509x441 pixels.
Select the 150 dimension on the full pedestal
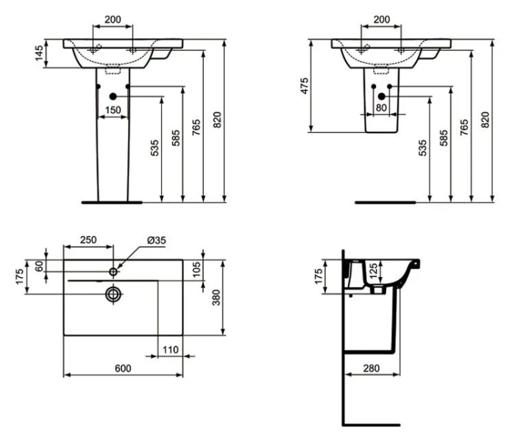[x=113, y=110]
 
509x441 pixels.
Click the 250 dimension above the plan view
[x=88, y=240]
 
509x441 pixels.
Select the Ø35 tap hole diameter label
[x=156, y=240]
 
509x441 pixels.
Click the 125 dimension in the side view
[x=373, y=271]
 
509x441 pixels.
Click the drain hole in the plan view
[x=113, y=294]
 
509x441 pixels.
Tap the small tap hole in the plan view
[x=113, y=272]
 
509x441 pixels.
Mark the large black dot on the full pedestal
[x=113, y=96]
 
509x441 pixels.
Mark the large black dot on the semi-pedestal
[x=381, y=96]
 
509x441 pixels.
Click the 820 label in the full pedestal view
[x=216, y=120]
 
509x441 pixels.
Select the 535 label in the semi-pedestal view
[x=423, y=149]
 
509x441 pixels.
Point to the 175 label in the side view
[x=318, y=277]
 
